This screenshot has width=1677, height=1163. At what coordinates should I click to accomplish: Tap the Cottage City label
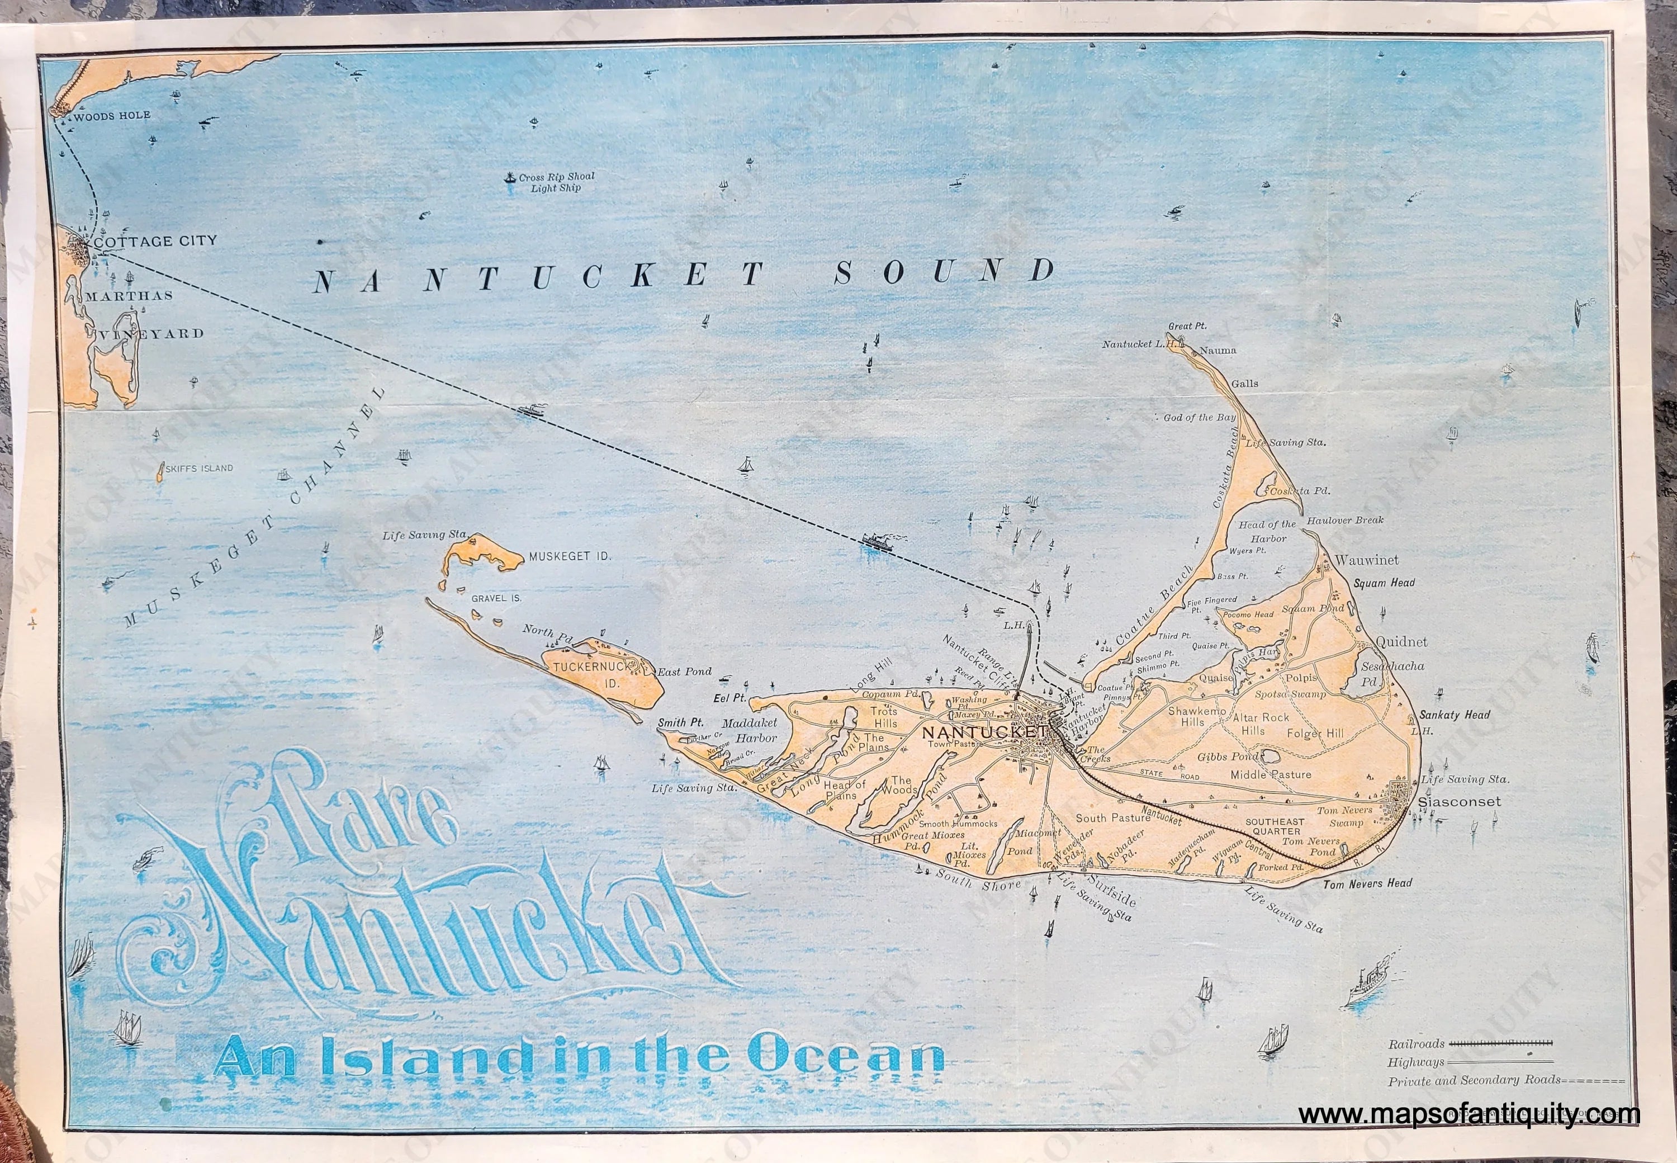tap(155, 240)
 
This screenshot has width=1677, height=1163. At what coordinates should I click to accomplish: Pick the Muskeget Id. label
tap(569, 556)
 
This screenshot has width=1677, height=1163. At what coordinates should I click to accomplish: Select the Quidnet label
tap(1401, 642)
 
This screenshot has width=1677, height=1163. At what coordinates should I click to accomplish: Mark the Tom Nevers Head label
tap(1367, 883)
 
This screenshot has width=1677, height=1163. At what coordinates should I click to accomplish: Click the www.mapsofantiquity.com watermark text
tap(1468, 1115)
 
